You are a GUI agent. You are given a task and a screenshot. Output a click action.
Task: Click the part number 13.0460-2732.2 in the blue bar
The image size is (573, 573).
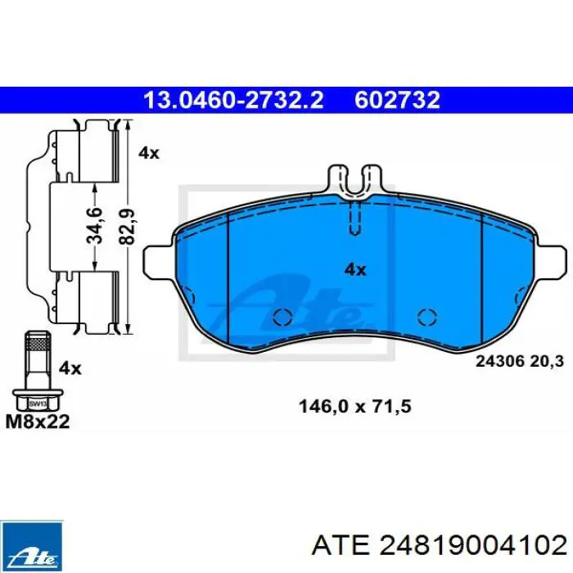[233, 100]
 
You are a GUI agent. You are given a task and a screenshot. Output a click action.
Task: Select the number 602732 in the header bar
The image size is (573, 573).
[397, 100]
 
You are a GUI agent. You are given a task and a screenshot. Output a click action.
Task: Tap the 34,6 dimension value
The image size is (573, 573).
[94, 225]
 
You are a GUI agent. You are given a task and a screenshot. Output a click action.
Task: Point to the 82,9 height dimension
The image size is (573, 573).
[127, 227]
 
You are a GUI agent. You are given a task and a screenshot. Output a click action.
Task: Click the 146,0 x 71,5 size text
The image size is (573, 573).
[354, 406]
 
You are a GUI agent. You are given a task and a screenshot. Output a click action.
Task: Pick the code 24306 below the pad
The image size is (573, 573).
[499, 362]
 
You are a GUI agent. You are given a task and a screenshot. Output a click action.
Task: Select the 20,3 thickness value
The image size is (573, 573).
[547, 362]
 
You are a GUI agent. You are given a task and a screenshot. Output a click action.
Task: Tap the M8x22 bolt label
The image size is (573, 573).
[38, 422]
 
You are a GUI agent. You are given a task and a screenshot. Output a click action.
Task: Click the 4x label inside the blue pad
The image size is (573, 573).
[355, 269]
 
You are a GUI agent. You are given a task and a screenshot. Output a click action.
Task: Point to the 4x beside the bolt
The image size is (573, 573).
[70, 368]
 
